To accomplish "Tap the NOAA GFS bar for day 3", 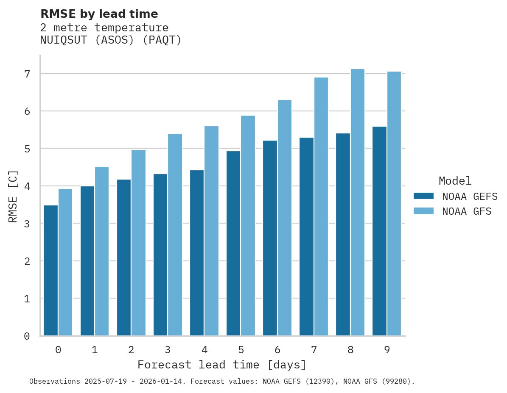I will point(175,235).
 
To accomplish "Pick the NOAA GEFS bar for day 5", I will point(233,243).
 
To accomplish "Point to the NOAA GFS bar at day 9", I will point(394,204).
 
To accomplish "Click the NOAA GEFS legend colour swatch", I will point(423,196).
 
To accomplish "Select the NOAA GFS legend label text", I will point(467,211).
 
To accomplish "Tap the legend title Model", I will point(455,181).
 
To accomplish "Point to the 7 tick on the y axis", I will point(27,74).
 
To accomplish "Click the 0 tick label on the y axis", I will point(27,336).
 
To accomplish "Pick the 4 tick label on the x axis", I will point(204,350).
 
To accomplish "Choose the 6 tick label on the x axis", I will point(277,350).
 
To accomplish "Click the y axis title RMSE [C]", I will point(13,196).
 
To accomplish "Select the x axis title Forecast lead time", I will point(221,365).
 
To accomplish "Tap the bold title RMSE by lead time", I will point(99,14).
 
